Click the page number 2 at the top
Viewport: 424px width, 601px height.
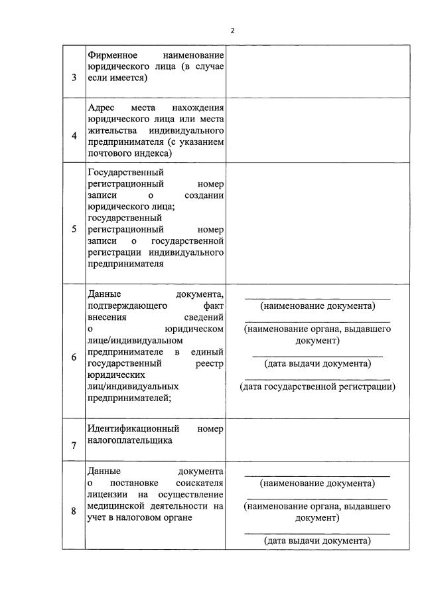coord(232,31)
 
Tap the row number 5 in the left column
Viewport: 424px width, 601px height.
coord(74,229)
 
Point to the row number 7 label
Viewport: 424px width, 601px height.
coord(74,446)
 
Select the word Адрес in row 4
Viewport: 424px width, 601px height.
coord(101,108)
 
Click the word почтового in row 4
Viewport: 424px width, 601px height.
coord(107,153)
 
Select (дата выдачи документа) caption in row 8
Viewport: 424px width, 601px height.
coord(317,541)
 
